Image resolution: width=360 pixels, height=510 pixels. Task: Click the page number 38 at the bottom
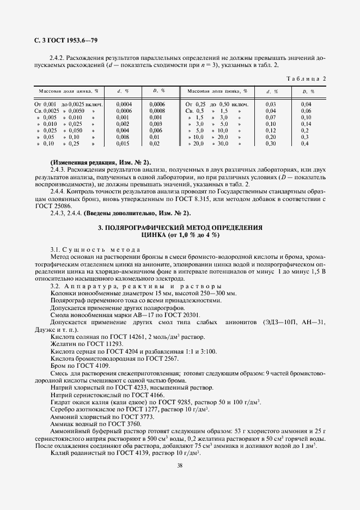point(180,465)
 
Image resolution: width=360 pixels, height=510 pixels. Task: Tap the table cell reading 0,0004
point(124,104)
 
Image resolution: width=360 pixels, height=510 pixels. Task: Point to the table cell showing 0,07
point(271,117)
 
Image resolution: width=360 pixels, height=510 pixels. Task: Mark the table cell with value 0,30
point(271,144)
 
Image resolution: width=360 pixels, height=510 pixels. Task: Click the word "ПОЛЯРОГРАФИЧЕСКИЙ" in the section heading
point(146,227)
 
